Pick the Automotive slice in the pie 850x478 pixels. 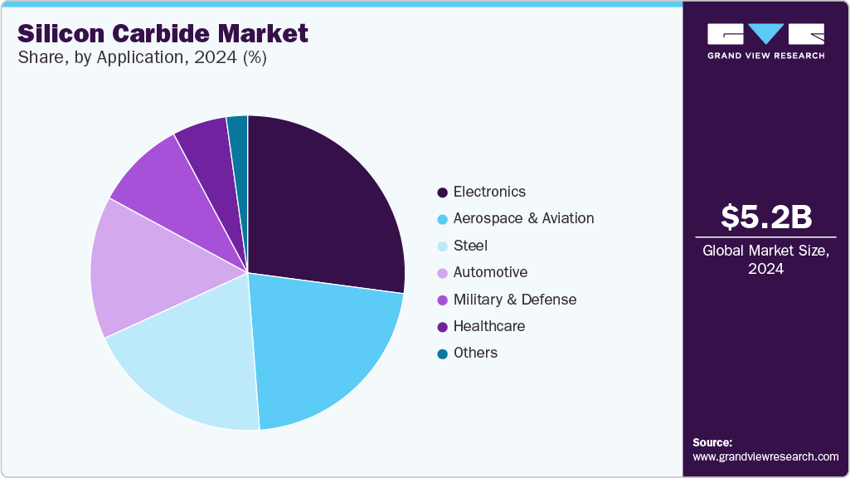(137, 266)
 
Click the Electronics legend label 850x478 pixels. (489, 192)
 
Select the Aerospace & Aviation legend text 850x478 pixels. (523, 218)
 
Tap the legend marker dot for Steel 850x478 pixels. (442, 246)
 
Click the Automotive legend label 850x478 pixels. (490, 272)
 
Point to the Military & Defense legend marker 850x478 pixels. (442, 300)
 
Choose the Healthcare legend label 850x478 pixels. (489, 326)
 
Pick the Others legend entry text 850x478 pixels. (475, 353)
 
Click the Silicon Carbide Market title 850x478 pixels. (163, 33)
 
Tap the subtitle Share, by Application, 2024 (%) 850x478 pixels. (142, 58)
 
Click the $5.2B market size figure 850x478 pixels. (765, 217)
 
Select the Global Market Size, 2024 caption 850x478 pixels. (765, 260)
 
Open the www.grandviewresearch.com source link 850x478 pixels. (765, 456)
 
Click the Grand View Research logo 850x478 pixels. (765, 40)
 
